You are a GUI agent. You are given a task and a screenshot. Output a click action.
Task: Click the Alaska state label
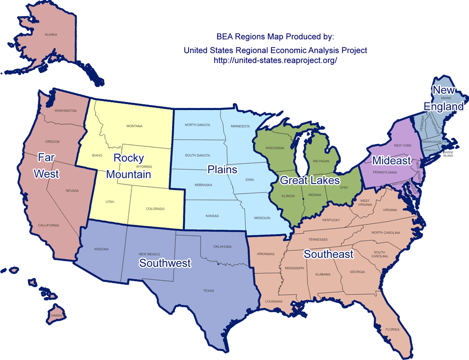50,35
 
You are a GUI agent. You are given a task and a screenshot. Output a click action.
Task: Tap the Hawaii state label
56,315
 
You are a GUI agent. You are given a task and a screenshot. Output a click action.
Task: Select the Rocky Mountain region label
129,166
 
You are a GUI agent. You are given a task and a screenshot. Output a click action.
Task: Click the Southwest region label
165,263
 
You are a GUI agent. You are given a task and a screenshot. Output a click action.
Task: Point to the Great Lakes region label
310,179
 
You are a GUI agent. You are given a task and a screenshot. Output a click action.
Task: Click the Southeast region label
328,254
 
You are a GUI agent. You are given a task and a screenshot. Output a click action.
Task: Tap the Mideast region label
392,161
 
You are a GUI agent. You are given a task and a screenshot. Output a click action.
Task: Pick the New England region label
444,98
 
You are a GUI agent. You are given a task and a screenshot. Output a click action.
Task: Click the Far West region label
46,165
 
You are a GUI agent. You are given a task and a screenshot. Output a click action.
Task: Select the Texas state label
209,291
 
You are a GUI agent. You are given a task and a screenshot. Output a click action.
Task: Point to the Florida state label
393,329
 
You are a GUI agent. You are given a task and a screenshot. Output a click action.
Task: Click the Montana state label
134,126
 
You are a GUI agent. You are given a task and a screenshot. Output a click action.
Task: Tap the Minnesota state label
240,126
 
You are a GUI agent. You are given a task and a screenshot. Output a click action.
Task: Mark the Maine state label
446,98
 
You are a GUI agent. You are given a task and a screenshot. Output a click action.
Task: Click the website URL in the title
275,61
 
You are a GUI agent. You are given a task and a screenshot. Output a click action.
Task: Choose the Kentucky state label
331,220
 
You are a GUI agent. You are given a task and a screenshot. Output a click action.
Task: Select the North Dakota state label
197,125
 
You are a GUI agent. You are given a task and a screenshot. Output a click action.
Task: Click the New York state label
402,146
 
